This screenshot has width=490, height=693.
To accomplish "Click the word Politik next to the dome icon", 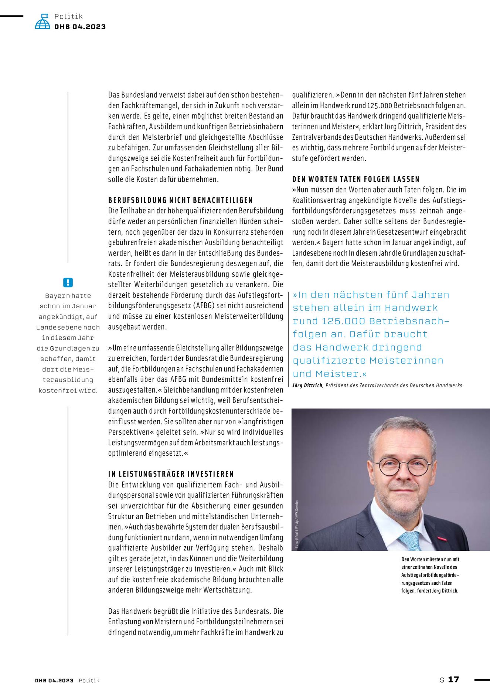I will tap(68, 16).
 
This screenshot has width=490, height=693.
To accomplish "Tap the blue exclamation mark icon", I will tap(68, 282).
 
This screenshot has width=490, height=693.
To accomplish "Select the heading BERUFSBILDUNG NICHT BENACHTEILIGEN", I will tap(180, 200).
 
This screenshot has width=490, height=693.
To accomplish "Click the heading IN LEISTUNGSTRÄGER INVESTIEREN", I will tap(171, 474).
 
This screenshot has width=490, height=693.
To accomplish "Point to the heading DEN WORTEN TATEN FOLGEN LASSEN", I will tap(356, 179).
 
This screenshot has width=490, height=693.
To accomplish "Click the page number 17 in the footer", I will tap(453, 679).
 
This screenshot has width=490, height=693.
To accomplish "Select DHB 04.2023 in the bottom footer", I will tap(54, 680).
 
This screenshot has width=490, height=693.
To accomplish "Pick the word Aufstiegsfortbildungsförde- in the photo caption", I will tap(430, 575).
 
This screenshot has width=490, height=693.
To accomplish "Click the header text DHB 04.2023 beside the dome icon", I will tap(80, 27).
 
